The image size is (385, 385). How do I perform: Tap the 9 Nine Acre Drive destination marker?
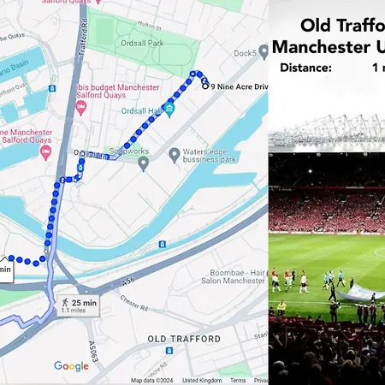(x=205, y=86)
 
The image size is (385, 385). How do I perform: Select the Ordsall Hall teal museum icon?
(x=169, y=110)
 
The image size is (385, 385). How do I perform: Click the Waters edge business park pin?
(x=175, y=155)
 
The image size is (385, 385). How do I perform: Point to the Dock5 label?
(x=245, y=53)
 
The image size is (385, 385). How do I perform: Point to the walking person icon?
(x=64, y=304)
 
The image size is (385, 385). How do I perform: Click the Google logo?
(x=71, y=366)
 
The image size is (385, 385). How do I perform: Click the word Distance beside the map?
(x=305, y=67)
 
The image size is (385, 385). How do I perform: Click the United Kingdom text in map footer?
(x=202, y=380)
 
